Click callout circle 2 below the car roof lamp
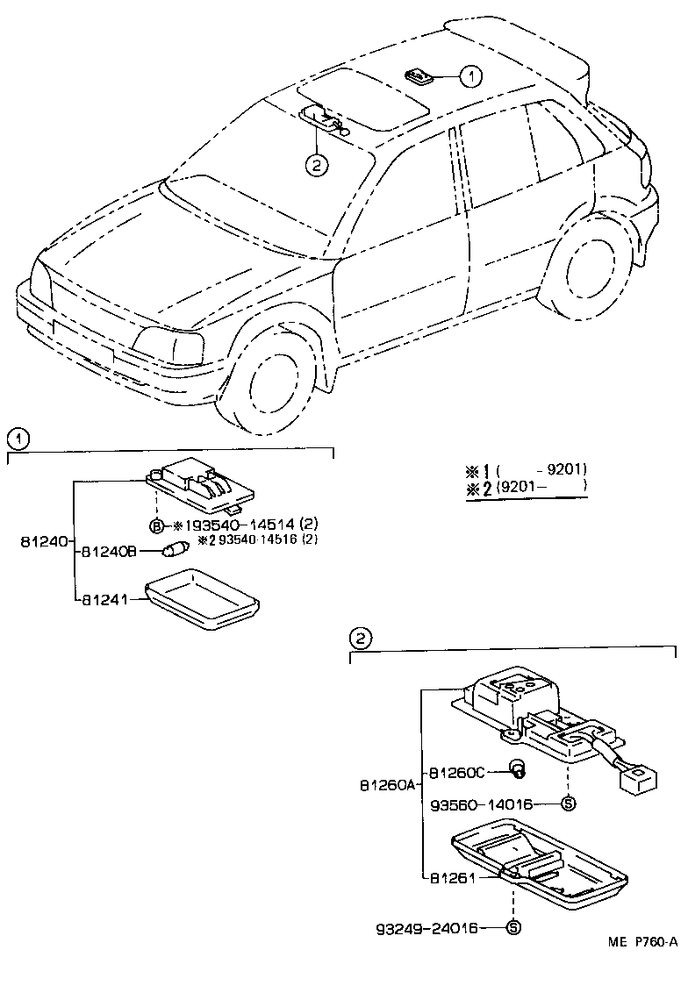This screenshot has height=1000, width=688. click(316, 163)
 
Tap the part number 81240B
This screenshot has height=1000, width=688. click(108, 552)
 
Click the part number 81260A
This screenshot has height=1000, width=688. click(385, 785)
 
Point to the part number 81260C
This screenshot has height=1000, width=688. click(456, 772)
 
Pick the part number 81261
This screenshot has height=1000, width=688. click(452, 876)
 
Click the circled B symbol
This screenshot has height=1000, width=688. click(156, 525)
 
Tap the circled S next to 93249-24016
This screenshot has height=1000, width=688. click(513, 927)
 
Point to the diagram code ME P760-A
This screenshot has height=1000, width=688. click(642, 942)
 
